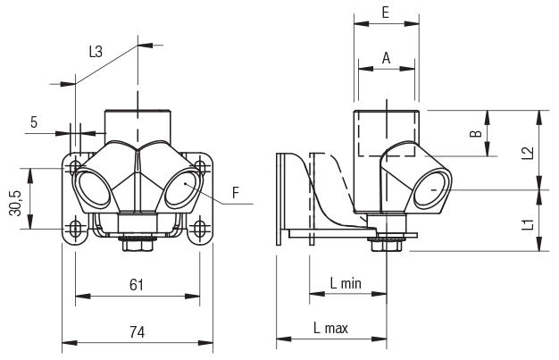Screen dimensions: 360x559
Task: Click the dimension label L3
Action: (x=96, y=53)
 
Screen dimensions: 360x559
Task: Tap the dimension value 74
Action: (x=137, y=331)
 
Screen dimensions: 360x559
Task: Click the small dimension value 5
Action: (x=33, y=122)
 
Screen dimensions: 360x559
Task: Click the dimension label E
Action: (x=385, y=13)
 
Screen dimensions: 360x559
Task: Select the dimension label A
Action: (x=386, y=57)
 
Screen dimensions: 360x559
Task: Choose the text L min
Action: (x=345, y=284)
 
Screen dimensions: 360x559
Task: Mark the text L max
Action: (x=330, y=329)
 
